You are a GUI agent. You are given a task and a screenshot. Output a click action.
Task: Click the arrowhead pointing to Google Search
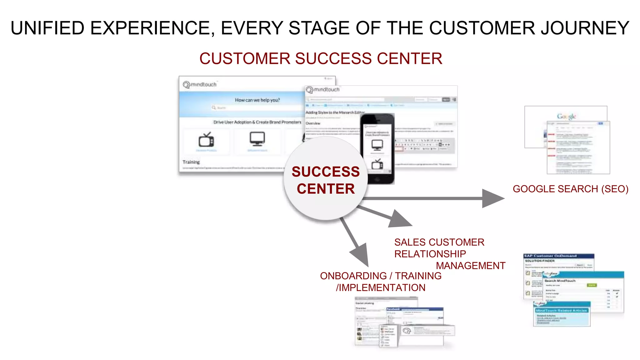pyautogui.click(x=492, y=198)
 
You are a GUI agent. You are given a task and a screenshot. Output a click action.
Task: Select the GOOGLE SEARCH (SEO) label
pyautogui.click(x=570, y=189)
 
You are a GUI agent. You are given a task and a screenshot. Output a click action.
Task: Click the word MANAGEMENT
pyautogui.click(x=470, y=266)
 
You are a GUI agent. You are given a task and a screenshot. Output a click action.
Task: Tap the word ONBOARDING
pyautogui.click(x=353, y=276)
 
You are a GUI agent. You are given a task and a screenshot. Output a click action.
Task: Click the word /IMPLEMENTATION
pyautogui.click(x=380, y=287)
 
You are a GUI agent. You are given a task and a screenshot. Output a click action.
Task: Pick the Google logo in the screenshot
pyautogui.click(x=566, y=116)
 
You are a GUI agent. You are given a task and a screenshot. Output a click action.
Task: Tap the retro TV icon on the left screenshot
pyautogui.click(x=206, y=140)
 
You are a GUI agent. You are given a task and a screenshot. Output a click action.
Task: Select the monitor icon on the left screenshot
pyautogui.click(x=257, y=139)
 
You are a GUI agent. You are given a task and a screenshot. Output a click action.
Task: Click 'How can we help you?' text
pyautogui.click(x=257, y=100)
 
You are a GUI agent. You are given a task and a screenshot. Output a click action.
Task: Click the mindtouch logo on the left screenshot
pyautogui.click(x=200, y=84)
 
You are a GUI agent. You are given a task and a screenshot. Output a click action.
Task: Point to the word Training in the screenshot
pyautogui.click(x=191, y=162)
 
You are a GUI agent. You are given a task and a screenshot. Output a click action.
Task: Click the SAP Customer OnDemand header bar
pyautogui.click(x=558, y=256)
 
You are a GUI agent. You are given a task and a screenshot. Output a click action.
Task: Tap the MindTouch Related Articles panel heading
pyautogui.click(x=562, y=310)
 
